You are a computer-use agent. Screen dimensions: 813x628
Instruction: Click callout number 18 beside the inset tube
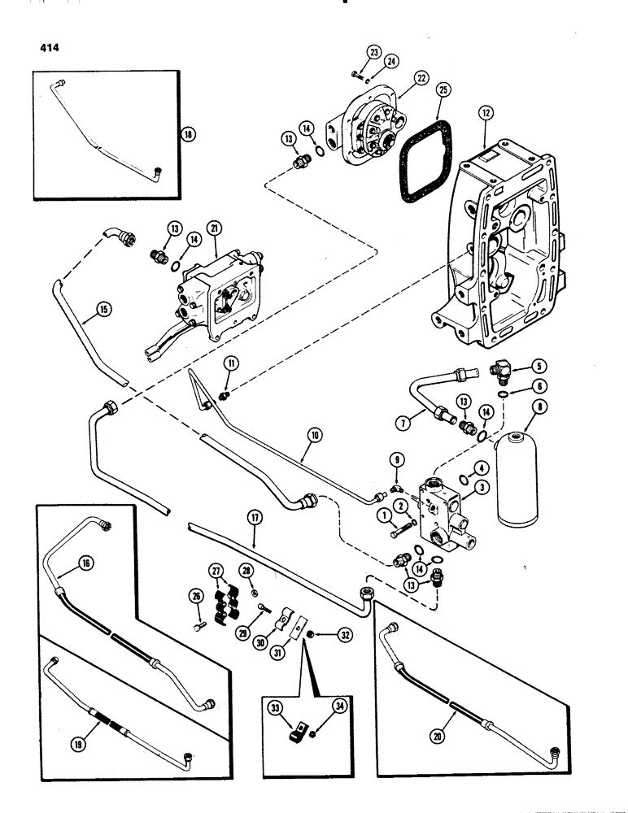(x=190, y=136)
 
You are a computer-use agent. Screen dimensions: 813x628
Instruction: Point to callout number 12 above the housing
(x=486, y=117)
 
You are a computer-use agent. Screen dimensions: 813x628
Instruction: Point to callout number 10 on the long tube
(x=315, y=437)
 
